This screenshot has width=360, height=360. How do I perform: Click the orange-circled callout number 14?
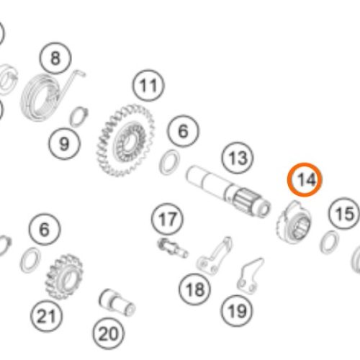point(305,179)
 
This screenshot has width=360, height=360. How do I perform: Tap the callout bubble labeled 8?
point(55,58)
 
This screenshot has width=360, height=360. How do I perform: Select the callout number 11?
point(148,86)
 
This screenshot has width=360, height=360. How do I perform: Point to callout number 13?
point(238,158)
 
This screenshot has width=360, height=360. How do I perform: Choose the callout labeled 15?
point(345,213)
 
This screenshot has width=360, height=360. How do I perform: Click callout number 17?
point(167,219)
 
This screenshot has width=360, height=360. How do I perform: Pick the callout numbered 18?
point(195,289)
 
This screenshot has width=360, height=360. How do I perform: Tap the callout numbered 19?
point(237,311)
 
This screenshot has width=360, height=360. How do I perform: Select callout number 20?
point(109,333)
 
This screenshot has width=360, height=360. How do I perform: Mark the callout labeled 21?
point(46,316)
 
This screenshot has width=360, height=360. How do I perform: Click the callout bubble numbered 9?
point(64,144)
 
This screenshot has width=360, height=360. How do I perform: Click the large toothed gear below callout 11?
point(125,140)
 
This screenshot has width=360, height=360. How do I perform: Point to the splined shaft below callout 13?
point(228,192)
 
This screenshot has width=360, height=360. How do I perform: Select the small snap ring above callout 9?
point(79,117)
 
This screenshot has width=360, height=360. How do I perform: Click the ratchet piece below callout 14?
point(294,222)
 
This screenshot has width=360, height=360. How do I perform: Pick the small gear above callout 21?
point(64,276)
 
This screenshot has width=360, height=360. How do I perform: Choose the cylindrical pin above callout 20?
point(117,303)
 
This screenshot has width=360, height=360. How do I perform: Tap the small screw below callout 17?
point(173,248)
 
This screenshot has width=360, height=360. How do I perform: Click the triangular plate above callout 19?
point(250,276)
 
